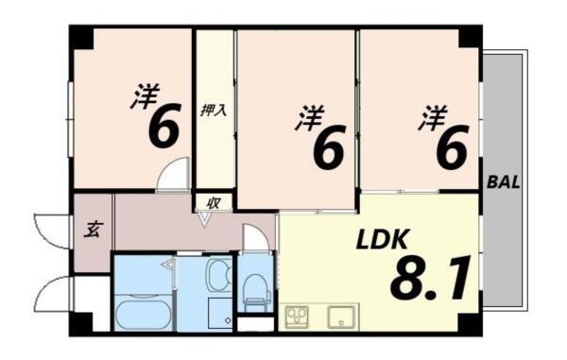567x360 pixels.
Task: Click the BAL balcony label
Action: pos(506,181)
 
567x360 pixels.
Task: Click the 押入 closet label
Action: pos(214,110)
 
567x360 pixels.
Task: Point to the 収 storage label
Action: pos(215,201)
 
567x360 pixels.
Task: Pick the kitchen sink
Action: pos(342,315)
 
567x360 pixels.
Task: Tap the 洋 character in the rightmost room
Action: pos(432,117)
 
